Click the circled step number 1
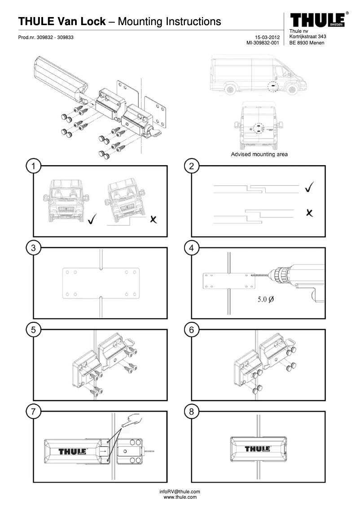33,167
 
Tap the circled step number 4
192,248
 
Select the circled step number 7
33,411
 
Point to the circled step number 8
192,411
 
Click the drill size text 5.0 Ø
265,299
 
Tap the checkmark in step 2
308,188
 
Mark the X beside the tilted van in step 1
154,219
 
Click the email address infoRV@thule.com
180,491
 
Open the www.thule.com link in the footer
180,497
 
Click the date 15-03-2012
266,37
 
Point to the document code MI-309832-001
263,43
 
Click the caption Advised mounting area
259,154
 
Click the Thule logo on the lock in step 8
257,449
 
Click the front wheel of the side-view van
292,89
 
